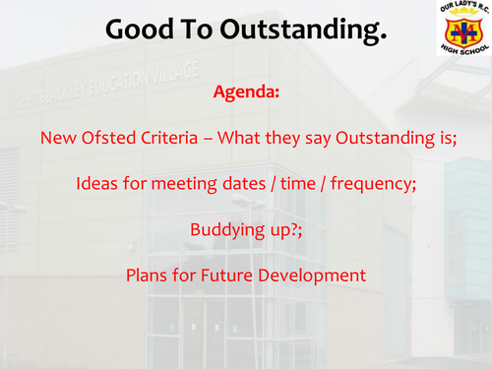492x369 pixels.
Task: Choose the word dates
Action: pyautogui.click(x=238, y=184)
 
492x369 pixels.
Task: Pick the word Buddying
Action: pyautogui.click(x=223, y=230)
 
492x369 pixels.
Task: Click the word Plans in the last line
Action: pyautogui.click(x=147, y=276)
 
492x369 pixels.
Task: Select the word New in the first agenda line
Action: pyautogui.click(x=56, y=139)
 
